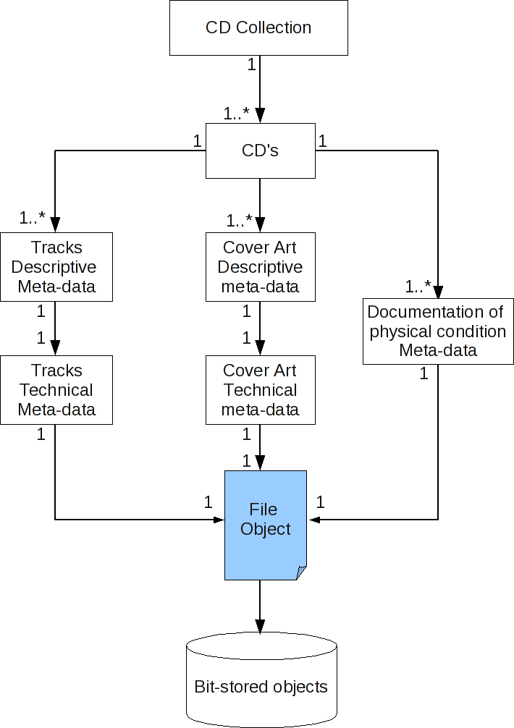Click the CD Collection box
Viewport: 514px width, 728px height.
[258, 28]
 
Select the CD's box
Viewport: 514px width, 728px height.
[260, 151]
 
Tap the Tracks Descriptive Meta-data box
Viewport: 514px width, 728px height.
[56, 267]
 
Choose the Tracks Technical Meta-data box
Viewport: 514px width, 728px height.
[56, 390]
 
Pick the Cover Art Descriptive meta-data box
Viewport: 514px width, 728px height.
[260, 267]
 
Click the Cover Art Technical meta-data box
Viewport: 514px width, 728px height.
[260, 390]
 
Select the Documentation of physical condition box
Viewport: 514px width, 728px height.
[438, 331]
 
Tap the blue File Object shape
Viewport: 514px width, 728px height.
[265, 525]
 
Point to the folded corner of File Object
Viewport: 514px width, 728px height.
[301, 573]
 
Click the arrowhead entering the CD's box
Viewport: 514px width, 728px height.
[260, 116]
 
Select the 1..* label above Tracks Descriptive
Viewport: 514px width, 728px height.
[33, 217]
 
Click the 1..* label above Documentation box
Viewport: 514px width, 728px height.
[418, 287]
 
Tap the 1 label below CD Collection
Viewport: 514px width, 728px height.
[251, 64]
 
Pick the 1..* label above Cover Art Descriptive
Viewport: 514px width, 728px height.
[239, 220]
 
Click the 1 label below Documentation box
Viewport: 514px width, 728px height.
[424, 374]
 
